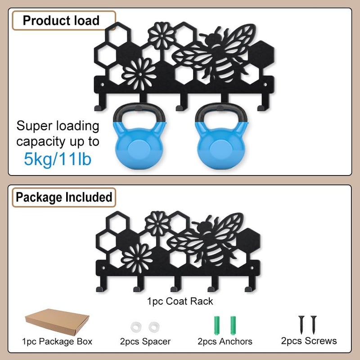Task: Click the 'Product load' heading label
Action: [x=61, y=20]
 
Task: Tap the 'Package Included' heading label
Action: [x=64, y=197]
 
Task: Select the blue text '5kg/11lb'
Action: [x=58, y=159]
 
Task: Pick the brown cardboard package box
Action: [x=57, y=322]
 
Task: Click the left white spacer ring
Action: [x=136, y=327]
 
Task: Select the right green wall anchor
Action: [x=233, y=325]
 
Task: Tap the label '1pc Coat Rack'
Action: [x=180, y=301]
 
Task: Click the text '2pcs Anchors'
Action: [x=225, y=342]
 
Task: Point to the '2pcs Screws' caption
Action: [x=309, y=341]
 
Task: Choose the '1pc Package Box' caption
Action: [x=57, y=342]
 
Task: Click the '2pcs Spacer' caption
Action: [x=145, y=342]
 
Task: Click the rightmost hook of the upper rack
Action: [x=264, y=103]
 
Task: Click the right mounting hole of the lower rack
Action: [x=252, y=268]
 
